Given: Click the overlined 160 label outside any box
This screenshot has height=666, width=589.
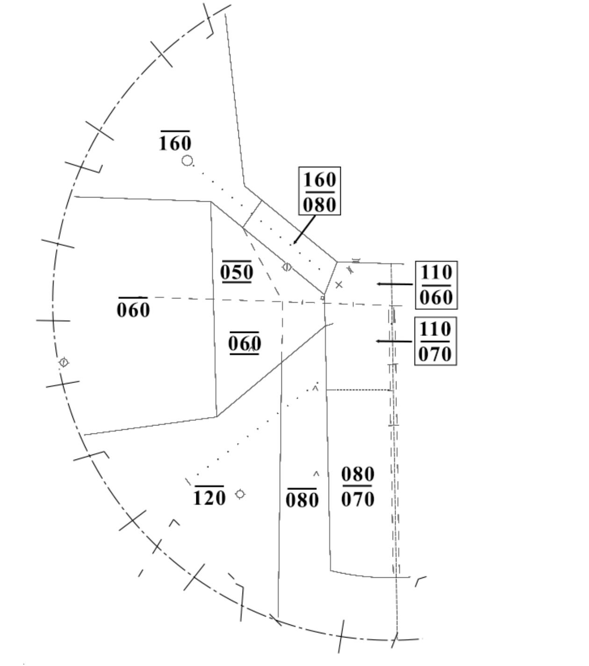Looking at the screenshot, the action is (175, 141).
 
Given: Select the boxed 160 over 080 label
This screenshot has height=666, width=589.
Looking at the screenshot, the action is (319, 191).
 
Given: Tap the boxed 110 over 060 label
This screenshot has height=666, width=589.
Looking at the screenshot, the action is (436, 285).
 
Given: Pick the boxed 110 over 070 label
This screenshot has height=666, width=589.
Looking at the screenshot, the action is (436, 341).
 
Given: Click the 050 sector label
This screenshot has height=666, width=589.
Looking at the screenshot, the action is (237, 271).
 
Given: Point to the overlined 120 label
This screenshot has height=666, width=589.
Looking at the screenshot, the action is (209, 496).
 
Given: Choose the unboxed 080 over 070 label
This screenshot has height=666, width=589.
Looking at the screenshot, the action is (358, 487).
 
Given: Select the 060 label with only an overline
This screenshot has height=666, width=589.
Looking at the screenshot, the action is (133, 308).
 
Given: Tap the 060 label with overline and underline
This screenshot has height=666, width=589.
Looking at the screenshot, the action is (245, 343).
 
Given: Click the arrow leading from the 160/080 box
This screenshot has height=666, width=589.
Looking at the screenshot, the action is (304, 230).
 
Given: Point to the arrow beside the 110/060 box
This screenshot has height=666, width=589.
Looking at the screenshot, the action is (395, 284).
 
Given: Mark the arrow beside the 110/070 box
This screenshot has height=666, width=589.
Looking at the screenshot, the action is (394, 341).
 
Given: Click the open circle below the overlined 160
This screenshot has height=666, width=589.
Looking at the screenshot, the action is (187, 161).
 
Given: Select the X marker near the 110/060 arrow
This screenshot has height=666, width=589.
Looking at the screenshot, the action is (339, 285).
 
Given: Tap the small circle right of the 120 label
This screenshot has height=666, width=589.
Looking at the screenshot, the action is (240, 494).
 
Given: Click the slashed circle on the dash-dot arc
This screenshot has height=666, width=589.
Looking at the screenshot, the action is (64, 362).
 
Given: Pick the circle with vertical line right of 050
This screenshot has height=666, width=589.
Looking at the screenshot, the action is (287, 267).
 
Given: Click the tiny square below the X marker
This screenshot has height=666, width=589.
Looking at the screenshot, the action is (323, 298).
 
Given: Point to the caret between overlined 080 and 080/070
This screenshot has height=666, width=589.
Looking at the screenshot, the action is (316, 474).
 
